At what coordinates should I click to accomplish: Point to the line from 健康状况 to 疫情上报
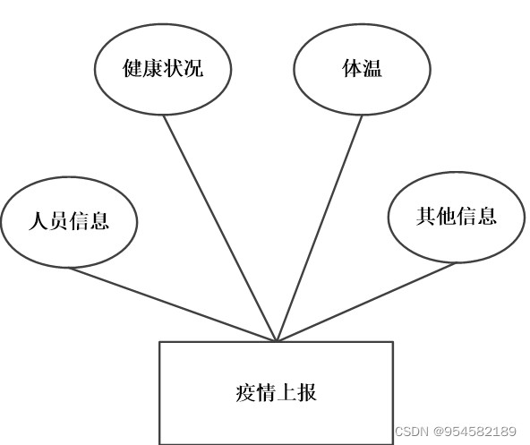point(220,228)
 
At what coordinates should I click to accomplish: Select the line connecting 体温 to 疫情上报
point(320,228)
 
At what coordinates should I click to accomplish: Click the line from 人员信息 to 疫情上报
point(173,304)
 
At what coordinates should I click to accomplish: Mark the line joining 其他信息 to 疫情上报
point(366,302)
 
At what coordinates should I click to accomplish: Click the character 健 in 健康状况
point(132,68)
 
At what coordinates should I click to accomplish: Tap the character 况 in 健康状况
point(193,68)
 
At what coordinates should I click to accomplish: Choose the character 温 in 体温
point(372,68)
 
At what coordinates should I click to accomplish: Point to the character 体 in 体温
point(352,68)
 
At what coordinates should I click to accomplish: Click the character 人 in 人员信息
point(38,221)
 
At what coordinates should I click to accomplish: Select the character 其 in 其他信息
point(426,217)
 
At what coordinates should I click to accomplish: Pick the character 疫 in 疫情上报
point(245,392)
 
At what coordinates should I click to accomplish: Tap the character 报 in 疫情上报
point(307,392)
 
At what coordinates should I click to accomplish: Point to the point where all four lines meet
point(277,341)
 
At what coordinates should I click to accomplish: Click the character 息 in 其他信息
point(487,217)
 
